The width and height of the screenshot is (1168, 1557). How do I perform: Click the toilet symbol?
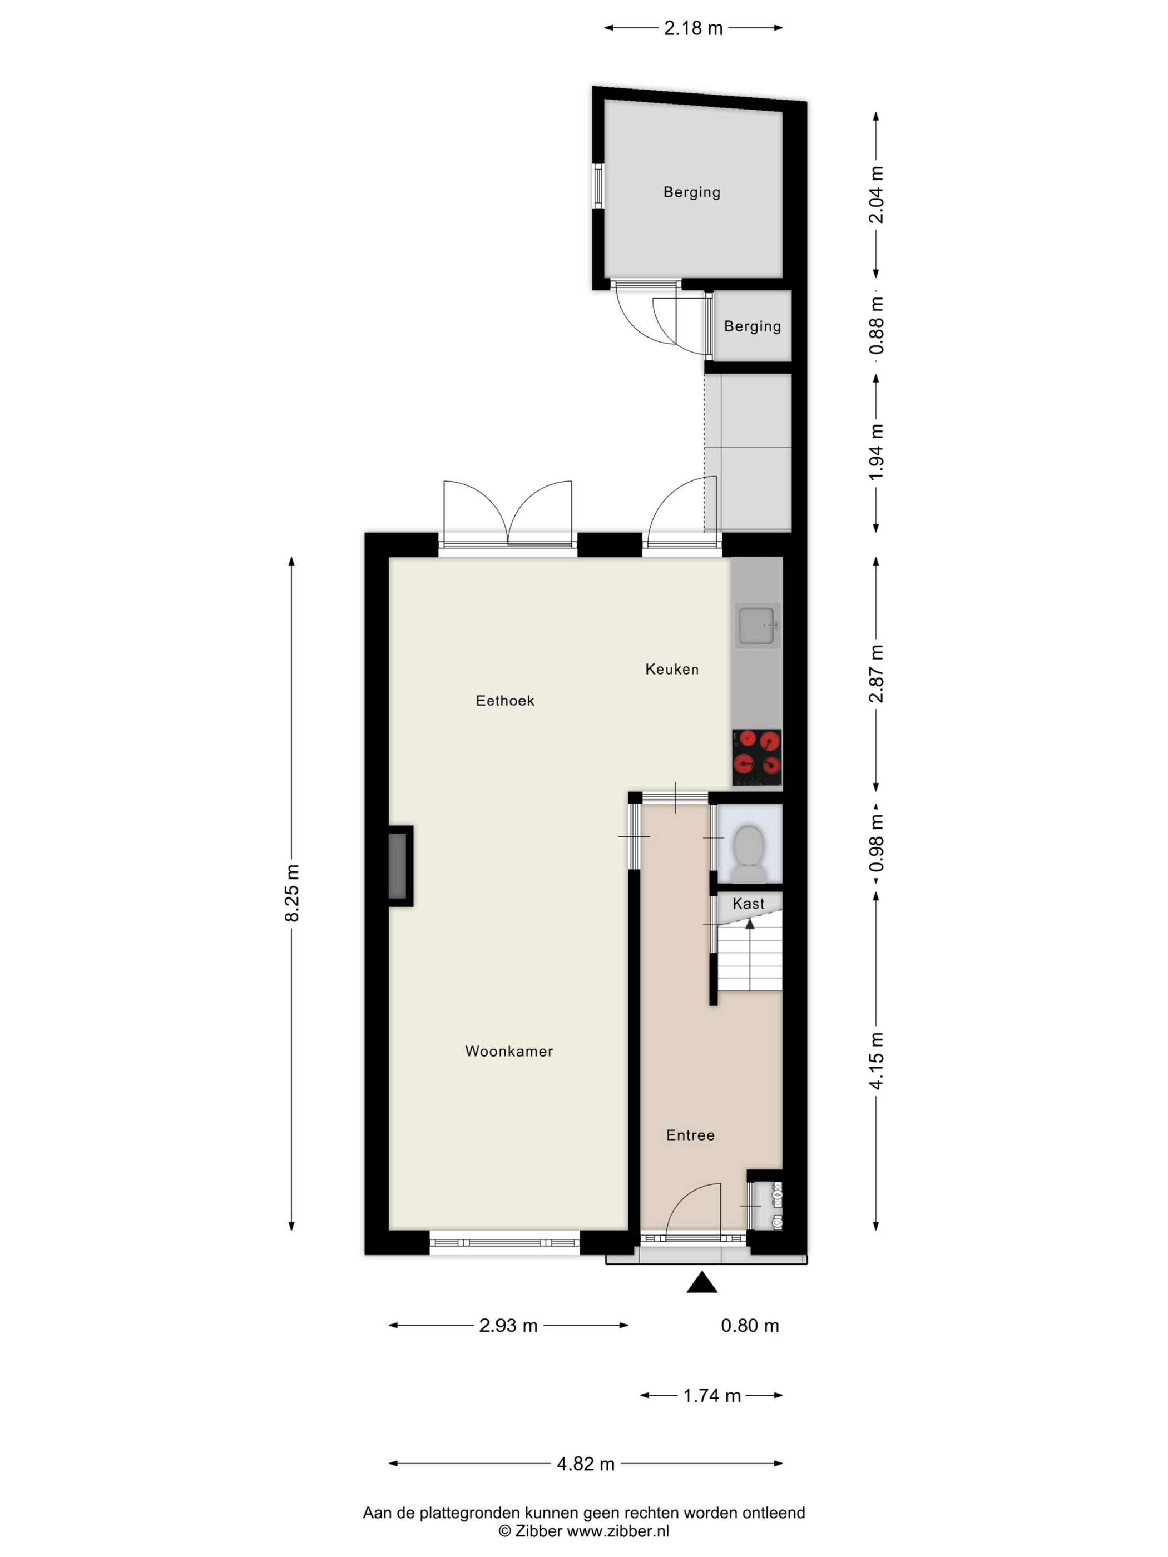(749, 854)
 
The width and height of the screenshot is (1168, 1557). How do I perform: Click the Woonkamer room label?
(509, 1051)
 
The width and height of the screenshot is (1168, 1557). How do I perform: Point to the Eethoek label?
(505, 700)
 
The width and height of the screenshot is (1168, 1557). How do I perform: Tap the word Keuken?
(672, 669)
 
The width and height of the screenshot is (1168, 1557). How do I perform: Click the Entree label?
(690, 1135)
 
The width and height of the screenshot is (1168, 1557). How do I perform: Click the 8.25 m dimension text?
(291, 892)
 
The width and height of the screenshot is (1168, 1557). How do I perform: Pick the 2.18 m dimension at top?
(694, 28)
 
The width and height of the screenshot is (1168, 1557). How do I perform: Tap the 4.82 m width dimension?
(586, 1464)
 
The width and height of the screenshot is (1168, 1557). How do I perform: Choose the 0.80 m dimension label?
(750, 1326)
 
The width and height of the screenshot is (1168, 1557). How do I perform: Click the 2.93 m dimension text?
(508, 1326)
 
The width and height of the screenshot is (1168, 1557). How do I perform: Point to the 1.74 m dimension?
(712, 1395)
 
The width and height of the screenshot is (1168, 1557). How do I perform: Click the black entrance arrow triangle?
(702, 1282)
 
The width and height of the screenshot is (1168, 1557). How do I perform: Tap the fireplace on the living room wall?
(400, 866)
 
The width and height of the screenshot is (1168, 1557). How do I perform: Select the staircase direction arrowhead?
(750, 923)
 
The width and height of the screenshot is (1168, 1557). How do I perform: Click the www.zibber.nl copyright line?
(583, 1530)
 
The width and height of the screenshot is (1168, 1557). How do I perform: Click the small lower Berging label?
(753, 326)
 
